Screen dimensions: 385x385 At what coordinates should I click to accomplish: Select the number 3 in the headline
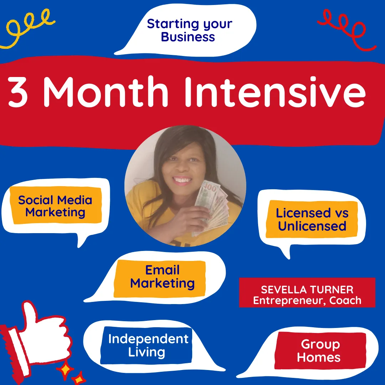17,92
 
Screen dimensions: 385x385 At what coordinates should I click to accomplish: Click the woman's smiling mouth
182,180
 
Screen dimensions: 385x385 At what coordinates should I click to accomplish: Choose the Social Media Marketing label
56,206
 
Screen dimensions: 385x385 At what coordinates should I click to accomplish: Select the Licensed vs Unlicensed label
312,219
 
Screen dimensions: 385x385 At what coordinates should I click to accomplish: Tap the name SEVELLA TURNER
307,290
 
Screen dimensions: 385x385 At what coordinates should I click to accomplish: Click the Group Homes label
320,351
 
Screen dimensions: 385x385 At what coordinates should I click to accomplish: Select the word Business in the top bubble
188,37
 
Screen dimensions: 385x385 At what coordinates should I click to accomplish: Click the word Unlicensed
312,226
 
